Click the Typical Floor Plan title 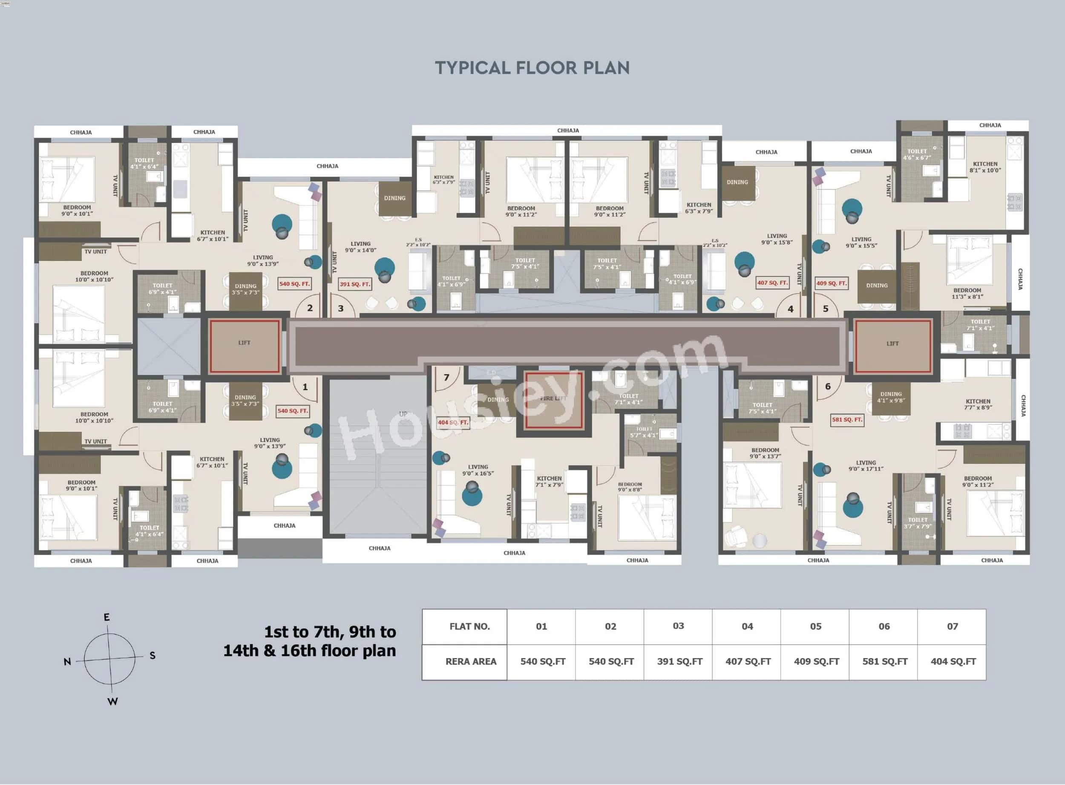point(532,68)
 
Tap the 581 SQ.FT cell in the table point(884,661)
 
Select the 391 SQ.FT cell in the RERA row point(679,661)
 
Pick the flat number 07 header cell point(952,626)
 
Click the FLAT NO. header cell point(469,626)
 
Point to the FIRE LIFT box point(553,399)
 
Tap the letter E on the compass point(107,617)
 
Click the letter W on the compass point(112,701)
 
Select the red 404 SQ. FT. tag point(453,422)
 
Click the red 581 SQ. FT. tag point(846,420)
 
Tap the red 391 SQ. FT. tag point(354,284)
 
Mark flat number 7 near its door point(446,378)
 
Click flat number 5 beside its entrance point(826,309)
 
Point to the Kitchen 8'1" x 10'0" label point(985,167)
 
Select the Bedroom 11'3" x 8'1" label point(967,293)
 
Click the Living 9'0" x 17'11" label point(866,466)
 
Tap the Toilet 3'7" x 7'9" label point(917,523)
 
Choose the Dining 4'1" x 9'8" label point(891,397)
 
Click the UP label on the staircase point(403,414)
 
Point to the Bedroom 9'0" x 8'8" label point(630,487)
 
